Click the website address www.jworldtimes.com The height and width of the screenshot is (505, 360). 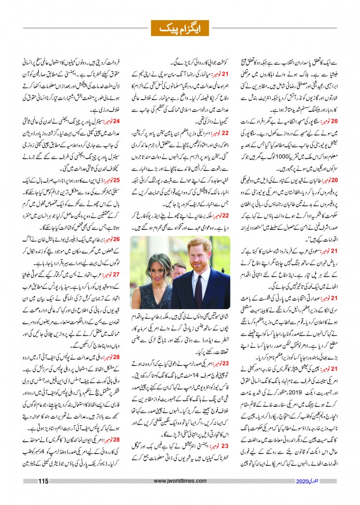[180, 482]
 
